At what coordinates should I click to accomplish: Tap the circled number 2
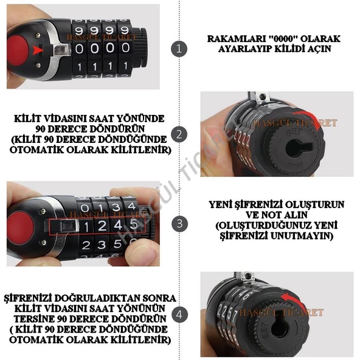click(177, 134)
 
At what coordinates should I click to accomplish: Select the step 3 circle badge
click(177, 223)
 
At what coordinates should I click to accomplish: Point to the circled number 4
click(177, 314)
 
